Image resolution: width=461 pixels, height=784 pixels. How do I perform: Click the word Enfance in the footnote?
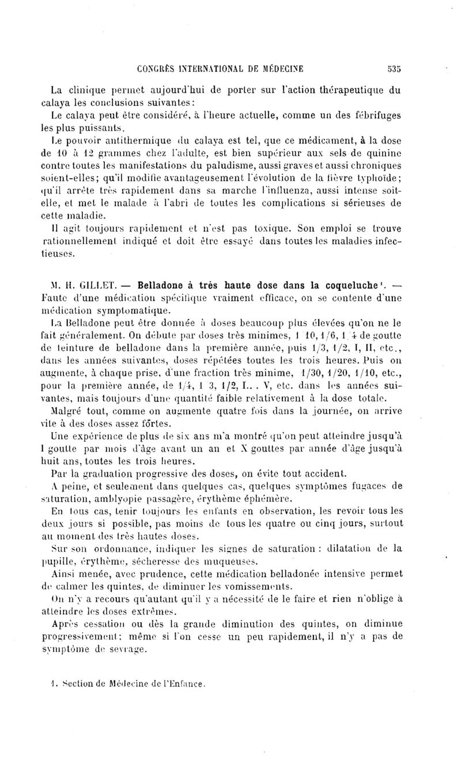pyautogui.click(x=187, y=685)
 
